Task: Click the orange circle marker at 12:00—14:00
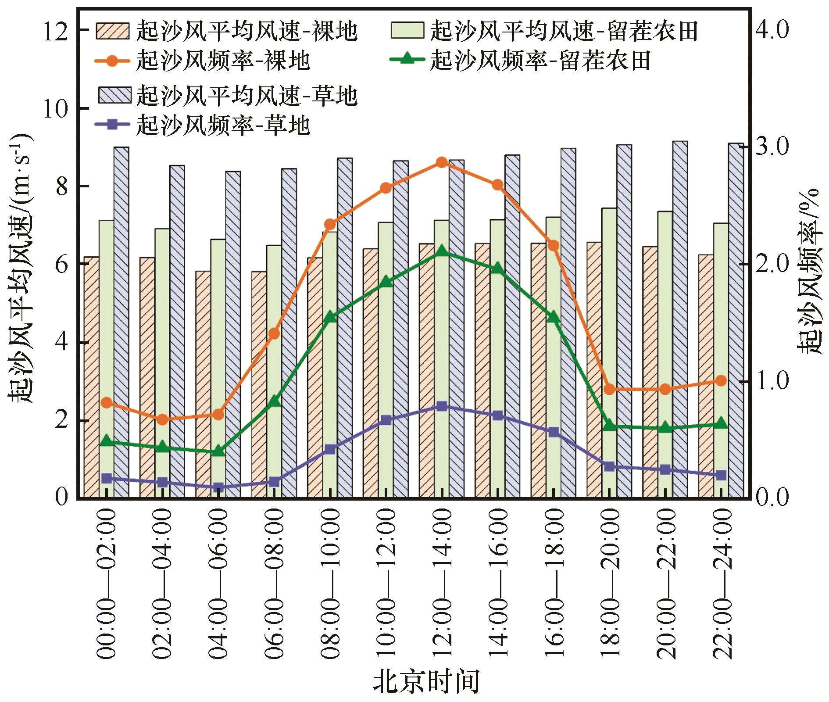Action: (x=442, y=162)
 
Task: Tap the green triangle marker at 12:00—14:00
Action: (x=442, y=251)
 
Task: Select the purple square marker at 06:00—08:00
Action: (x=274, y=482)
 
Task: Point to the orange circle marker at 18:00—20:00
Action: (x=609, y=389)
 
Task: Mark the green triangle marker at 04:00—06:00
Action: (x=218, y=451)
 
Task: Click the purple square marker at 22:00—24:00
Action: (x=721, y=475)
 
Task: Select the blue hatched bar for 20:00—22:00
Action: (x=680, y=320)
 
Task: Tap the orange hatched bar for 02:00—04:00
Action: (x=147, y=378)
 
